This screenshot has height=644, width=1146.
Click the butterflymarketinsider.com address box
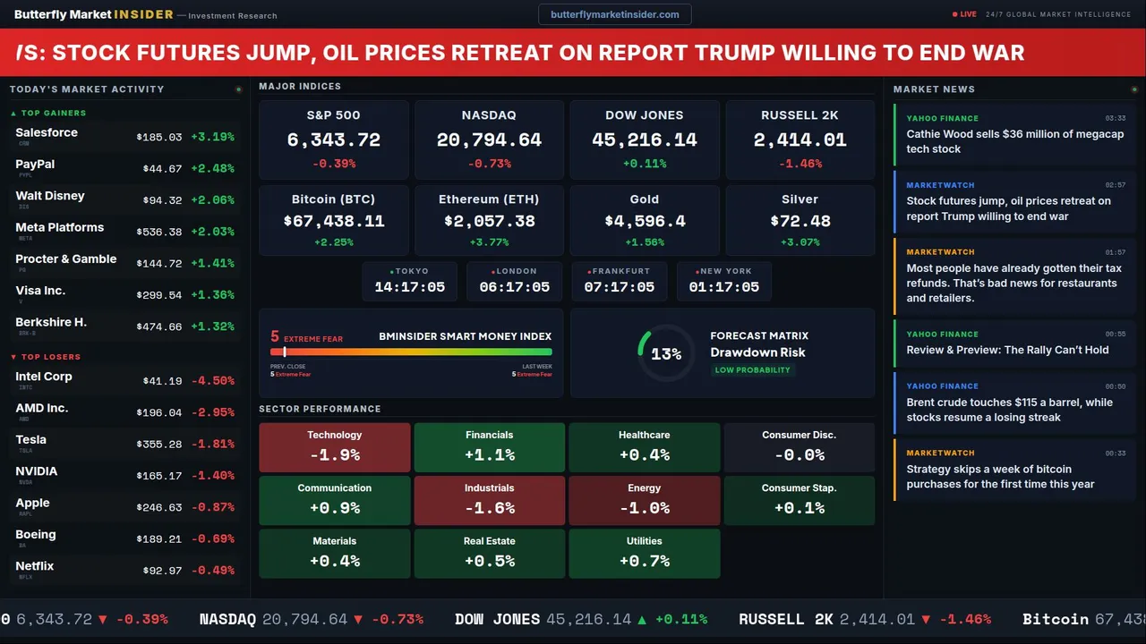point(614,14)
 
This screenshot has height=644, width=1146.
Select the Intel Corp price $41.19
point(162,381)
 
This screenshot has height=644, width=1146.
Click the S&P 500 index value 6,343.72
point(333,140)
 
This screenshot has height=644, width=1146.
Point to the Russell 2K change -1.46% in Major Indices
point(800,164)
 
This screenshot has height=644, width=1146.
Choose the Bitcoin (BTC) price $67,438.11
point(333,221)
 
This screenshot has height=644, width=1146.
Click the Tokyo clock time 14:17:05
point(409,287)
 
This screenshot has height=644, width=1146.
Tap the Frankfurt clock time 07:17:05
point(619,287)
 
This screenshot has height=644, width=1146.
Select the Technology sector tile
point(334,447)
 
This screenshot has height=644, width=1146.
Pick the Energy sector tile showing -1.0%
point(644,500)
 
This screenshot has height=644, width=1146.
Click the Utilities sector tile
point(644,554)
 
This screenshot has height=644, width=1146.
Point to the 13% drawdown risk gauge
point(665,353)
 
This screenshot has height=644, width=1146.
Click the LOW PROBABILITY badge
point(752,370)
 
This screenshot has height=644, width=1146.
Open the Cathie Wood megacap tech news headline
point(1014,141)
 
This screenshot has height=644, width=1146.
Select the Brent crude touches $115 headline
point(1009,410)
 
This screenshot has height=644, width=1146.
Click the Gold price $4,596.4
point(644,221)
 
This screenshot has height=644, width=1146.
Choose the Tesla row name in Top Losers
point(31,440)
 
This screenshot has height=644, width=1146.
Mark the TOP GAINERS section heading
point(53,114)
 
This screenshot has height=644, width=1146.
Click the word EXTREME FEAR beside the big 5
point(313,340)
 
